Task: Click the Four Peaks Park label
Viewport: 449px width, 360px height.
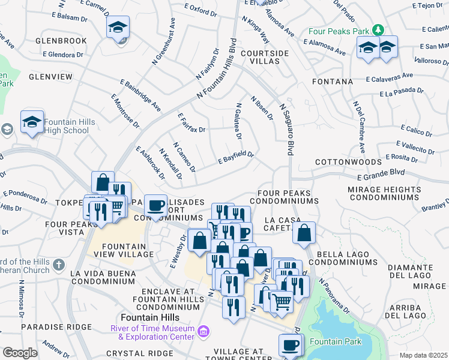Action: coord(339,30)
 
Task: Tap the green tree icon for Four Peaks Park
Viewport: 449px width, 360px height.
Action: coord(378,29)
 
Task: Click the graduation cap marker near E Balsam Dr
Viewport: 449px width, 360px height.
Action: coord(118,28)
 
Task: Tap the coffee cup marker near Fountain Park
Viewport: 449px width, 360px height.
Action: coord(291,345)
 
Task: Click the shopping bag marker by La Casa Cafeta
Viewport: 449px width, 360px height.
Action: coord(305,233)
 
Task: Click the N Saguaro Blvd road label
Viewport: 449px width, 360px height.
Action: coord(287,129)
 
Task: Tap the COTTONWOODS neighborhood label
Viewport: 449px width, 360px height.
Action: coord(348,162)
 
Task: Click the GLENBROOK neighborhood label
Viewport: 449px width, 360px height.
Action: coord(61,41)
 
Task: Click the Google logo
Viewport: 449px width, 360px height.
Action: coord(20,352)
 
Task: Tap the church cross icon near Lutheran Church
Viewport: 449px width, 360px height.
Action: coord(58,264)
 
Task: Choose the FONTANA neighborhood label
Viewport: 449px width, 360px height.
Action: coord(333,81)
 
